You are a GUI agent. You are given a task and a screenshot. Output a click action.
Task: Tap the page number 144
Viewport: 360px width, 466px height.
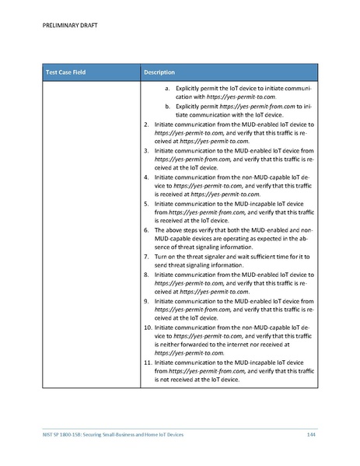tap(310, 433)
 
